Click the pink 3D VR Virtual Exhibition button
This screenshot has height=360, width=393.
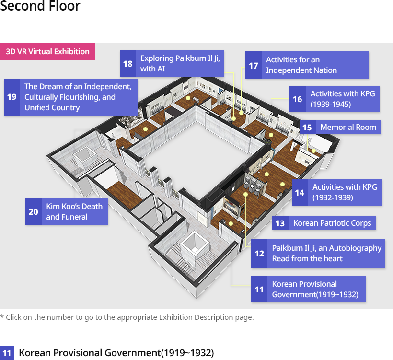click(x=47, y=51)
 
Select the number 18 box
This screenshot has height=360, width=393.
click(x=128, y=64)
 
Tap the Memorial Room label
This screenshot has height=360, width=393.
click(x=348, y=127)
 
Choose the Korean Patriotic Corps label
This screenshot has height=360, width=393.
click(x=332, y=223)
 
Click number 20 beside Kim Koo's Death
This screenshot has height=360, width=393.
click(x=34, y=211)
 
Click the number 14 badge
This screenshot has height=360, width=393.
click(x=300, y=193)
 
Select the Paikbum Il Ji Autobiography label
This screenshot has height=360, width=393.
click(x=326, y=254)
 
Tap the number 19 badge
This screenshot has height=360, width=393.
click(x=12, y=97)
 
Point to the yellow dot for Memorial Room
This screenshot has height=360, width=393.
click(x=313, y=151)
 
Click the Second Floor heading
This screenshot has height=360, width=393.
click(x=40, y=6)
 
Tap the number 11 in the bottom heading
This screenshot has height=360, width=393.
click(x=7, y=353)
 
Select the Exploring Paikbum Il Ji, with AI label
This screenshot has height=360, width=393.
click(x=180, y=64)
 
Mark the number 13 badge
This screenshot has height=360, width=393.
click(x=280, y=223)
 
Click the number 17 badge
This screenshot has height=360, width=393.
click(x=254, y=65)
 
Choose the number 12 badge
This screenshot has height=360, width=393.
click(x=259, y=254)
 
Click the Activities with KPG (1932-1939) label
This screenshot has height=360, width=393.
click(x=345, y=193)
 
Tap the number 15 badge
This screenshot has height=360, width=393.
click(x=308, y=127)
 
